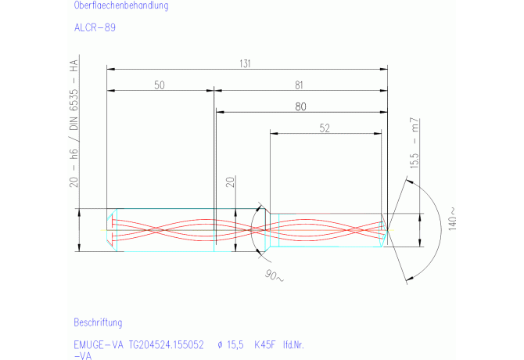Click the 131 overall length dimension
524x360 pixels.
(246, 63)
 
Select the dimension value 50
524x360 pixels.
(159, 85)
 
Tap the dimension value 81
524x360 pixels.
(300, 85)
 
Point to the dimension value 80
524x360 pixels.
(300, 107)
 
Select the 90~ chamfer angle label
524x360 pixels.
(275, 277)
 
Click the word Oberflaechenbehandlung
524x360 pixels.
(120, 5)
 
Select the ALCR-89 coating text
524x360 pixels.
(95, 27)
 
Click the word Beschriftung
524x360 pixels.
(98, 322)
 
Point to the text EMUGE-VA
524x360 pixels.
(98, 344)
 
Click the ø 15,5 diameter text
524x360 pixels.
(232, 344)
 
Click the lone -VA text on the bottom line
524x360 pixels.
(82, 355)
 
